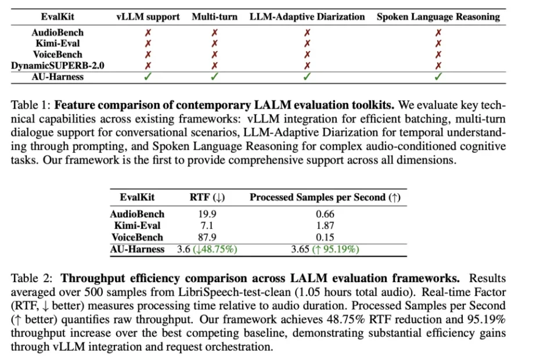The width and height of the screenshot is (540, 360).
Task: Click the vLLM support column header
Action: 147,17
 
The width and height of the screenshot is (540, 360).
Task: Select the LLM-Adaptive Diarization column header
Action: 307,17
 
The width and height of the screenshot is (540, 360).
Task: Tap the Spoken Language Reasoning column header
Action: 438,17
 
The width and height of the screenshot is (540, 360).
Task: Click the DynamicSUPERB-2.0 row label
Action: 57,66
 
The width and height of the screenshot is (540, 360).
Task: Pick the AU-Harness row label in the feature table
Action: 57,77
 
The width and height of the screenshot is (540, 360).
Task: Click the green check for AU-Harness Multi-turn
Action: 214,77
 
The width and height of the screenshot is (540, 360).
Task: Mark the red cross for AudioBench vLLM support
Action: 147,33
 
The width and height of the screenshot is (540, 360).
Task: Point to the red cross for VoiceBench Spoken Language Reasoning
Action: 438,55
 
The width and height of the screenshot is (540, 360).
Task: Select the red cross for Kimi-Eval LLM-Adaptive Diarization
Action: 307,44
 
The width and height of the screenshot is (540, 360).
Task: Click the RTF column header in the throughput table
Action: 207,197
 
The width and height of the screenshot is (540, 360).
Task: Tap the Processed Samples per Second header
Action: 325,197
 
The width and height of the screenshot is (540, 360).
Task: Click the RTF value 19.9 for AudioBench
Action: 207,214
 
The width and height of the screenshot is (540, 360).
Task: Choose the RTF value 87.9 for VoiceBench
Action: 207,237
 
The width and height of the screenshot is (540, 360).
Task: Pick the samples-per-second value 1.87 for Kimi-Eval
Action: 325,226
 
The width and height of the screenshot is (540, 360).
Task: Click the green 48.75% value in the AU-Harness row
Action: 215,249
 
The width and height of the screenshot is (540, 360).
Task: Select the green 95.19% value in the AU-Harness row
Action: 336,249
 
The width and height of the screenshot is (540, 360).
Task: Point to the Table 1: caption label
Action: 31,105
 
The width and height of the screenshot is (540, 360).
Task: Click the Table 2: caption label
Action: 31,278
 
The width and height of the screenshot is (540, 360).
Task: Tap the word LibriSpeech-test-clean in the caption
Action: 234,292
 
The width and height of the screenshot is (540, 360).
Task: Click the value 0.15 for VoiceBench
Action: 325,237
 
